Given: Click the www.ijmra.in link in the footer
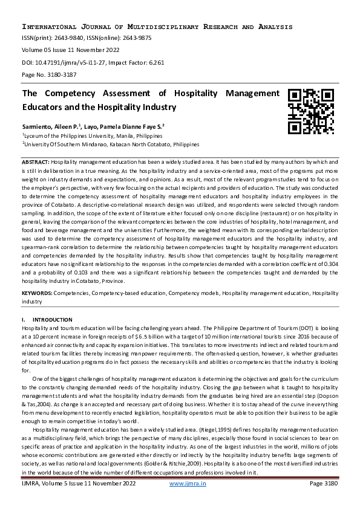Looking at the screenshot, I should [x=188, y=484].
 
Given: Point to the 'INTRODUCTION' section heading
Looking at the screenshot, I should [x=52, y=319].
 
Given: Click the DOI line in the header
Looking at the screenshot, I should [x=93, y=62].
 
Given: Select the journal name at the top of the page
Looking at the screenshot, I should [x=157, y=27].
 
